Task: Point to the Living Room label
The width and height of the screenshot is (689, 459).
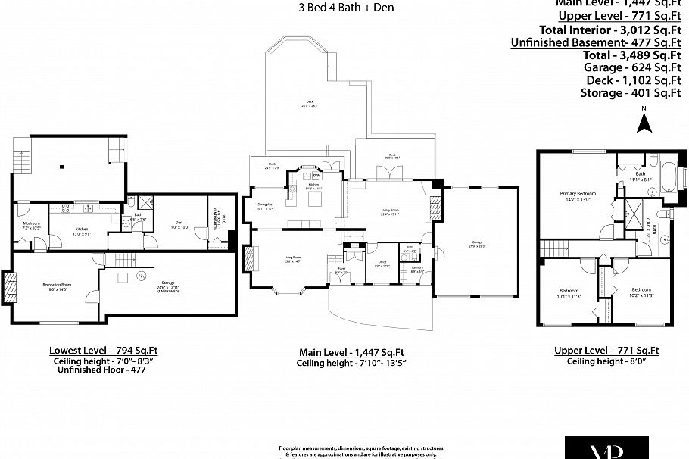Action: coord(293,258)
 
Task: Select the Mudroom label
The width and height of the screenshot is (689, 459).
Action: coord(31,224)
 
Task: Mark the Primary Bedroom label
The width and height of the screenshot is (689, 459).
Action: coord(574,195)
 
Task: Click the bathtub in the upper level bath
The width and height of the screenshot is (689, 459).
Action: coord(669,176)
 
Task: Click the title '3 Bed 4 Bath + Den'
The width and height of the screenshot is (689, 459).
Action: coord(347,8)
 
